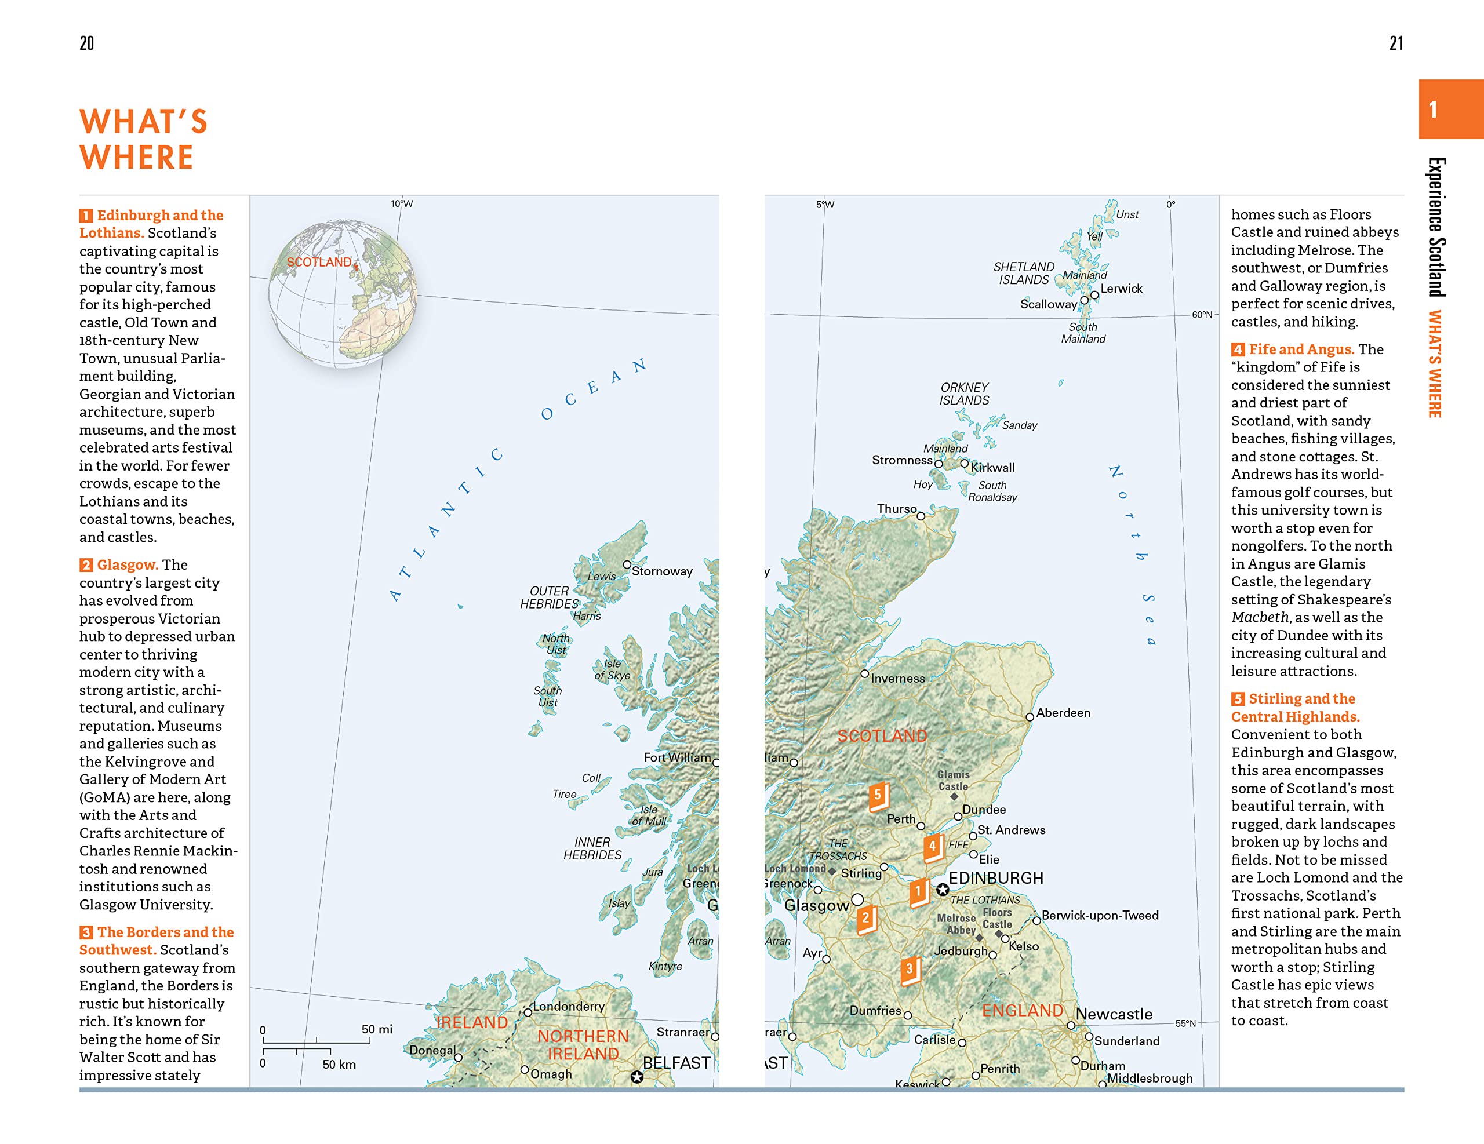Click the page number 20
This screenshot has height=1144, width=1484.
coord(87,43)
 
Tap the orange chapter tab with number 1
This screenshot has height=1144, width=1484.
coord(1449,110)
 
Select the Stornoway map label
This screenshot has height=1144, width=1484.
coord(662,571)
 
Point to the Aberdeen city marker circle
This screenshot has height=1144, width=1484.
coord(1030,717)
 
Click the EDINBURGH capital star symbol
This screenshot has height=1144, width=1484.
coord(943,889)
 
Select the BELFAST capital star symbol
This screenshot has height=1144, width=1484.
coord(636,1077)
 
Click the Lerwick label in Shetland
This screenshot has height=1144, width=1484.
coord(1121,289)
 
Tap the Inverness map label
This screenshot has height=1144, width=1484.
coord(897,678)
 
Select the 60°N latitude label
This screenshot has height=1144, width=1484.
coord(1201,315)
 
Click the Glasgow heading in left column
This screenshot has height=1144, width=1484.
coord(127,564)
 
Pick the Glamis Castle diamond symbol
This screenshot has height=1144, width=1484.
coord(954,796)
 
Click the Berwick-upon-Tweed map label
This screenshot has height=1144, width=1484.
coord(1100,915)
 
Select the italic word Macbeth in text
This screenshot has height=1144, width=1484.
coord(1259,617)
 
